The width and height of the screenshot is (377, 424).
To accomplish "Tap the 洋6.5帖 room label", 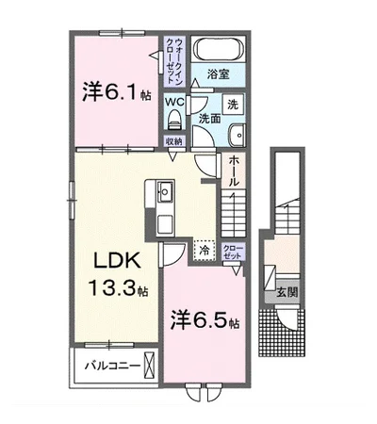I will click(205, 320).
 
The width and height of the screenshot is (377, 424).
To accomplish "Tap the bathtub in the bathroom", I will click(219, 50).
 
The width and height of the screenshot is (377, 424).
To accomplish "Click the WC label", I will click(175, 101).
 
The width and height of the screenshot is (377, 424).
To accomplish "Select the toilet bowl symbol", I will click(173, 119).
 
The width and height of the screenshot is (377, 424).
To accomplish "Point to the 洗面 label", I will click(208, 118).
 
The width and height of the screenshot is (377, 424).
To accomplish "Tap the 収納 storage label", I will click(174, 140).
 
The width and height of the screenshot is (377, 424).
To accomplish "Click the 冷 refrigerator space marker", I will click(201, 253).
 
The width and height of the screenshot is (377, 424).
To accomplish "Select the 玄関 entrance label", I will click(287, 292).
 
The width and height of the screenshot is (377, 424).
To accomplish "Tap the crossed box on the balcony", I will click(149, 365).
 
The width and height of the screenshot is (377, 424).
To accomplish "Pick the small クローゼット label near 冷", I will click(231, 252).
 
